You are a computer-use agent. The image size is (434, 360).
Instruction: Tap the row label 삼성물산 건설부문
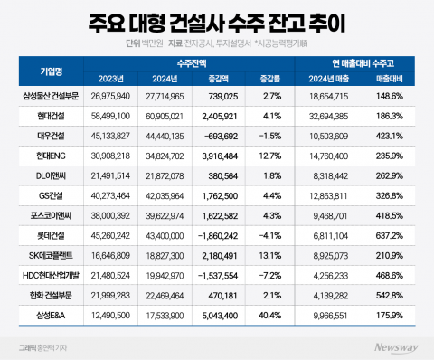pos(48,95)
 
